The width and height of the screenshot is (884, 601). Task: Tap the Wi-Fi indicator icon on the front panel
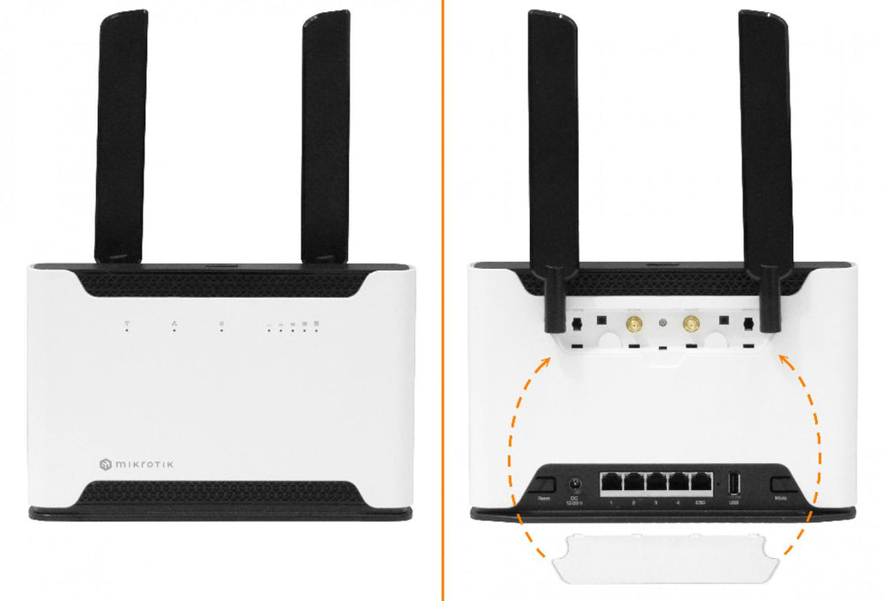click(127, 325)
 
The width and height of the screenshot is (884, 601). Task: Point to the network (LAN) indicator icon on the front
click(174, 324)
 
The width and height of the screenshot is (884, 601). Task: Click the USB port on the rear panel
click(734, 484)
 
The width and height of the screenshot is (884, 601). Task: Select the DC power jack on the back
click(575, 483)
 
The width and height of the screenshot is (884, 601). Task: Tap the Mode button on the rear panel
click(781, 485)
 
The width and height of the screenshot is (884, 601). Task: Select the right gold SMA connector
click(690, 324)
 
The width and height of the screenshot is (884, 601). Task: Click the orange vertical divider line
click(443, 300)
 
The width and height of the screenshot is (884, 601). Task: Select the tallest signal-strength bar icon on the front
click(317, 324)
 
